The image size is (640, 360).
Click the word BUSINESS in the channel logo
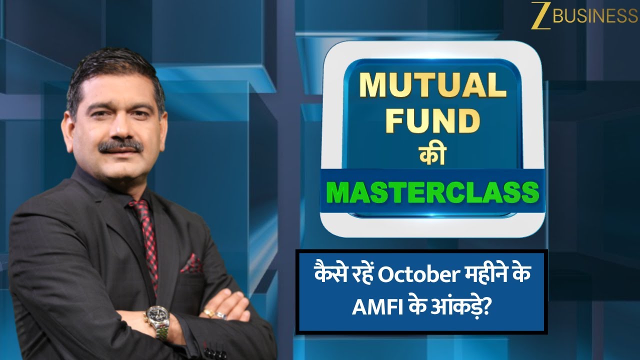pos(595,16)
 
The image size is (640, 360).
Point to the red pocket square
pos(190,264)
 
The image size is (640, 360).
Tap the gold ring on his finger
pos(208,313)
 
